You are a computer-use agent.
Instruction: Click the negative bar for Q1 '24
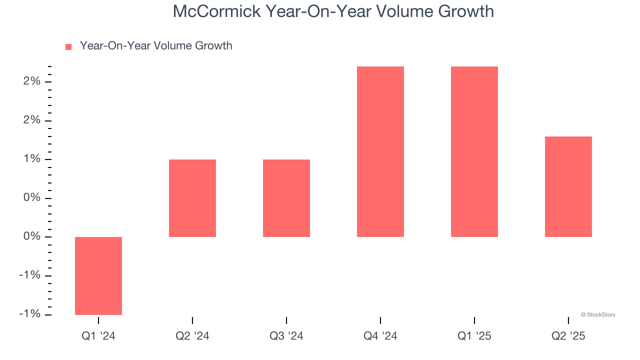98,275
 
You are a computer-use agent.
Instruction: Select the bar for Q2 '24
192,198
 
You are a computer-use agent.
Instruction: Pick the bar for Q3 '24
286,198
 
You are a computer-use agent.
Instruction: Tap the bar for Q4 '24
380,151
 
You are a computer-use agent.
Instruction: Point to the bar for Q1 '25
474,151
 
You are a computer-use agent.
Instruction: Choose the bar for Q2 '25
568,186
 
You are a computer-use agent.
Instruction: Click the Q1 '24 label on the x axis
98,336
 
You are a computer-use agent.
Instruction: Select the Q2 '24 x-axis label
192,336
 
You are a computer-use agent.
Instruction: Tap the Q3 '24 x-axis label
286,336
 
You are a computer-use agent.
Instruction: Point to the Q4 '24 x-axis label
380,336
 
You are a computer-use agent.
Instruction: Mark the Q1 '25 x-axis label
474,336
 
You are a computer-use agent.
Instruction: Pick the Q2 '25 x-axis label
568,336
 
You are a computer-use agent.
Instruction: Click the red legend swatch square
68,46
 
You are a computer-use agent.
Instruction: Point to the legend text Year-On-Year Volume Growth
156,46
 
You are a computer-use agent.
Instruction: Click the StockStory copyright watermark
598,315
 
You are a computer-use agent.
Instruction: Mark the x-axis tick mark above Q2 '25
568,320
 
